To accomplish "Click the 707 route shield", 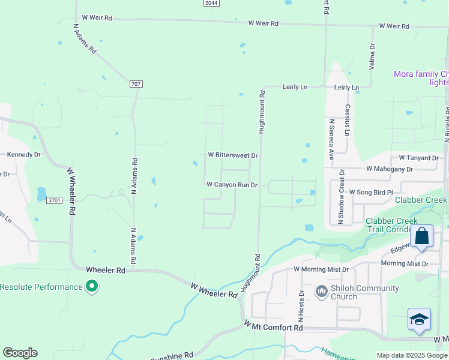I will pyautogui.click(x=135, y=84).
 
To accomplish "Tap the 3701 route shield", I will pyautogui.click(x=54, y=200).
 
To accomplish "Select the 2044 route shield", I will pyautogui.click(x=211, y=3).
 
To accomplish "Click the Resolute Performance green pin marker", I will pyautogui.click(x=91, y=287).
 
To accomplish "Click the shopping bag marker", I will pyautogui.click(x=422, y=236).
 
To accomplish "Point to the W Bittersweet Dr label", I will pyautogui.click(x=233, y=155).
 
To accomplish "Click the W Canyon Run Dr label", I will pyautogui.click(x=232, y=185).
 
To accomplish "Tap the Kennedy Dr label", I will pyautogui.click(x=23, y=154).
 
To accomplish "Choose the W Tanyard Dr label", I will pyautogui.click(x=418, y=158).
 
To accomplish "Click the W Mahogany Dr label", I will pyautogui.click(x=390, y=169).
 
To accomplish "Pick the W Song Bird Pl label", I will pyautogui.click(x=370, y=192).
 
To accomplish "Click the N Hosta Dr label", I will pyautogui.click(x=301, y=305).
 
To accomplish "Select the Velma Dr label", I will pyautogui.click(x=372, y=56).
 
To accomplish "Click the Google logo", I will pyautogui.click(x=20, y=353).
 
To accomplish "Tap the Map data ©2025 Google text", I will pyautogui.click(x=412, y=355).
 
